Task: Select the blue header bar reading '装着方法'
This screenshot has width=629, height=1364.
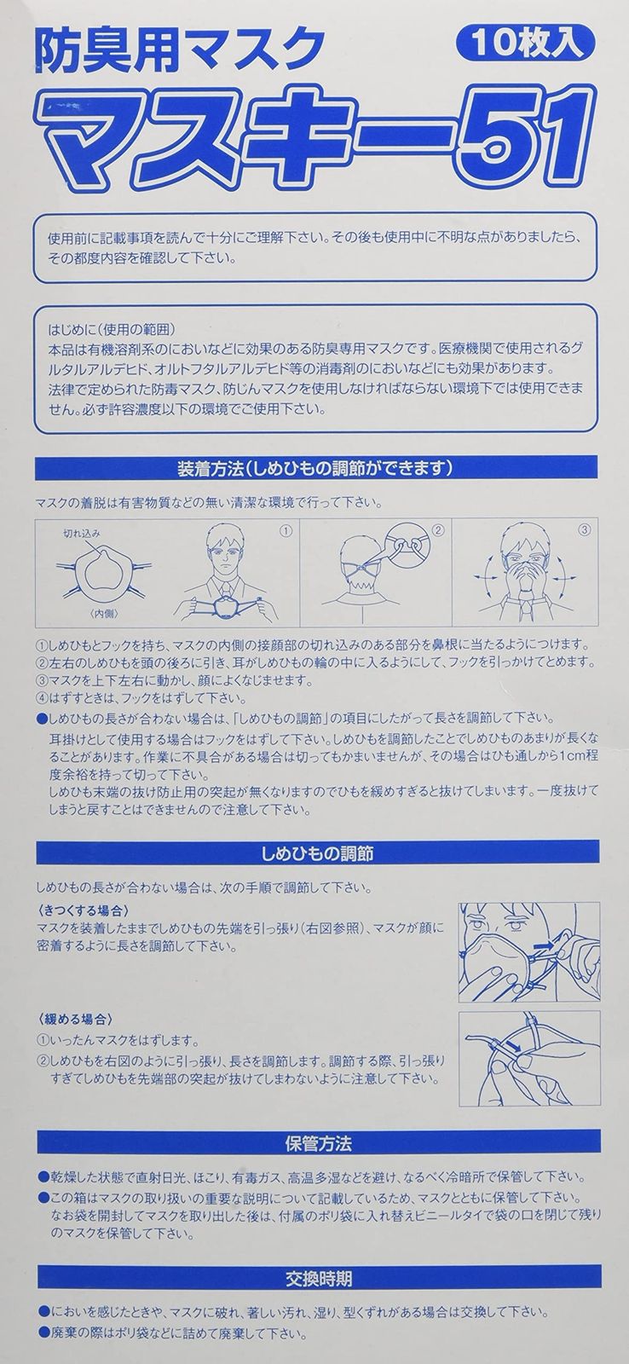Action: (314, 468)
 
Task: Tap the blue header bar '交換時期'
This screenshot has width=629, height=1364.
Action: (314, 1279)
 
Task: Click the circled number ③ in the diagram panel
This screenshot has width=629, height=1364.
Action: (585, 529)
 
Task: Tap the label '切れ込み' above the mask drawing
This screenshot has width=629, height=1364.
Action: (82, 534)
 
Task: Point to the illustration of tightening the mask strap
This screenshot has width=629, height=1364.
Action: (528, 952)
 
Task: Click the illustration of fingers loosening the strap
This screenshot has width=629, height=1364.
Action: (528, 1058)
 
